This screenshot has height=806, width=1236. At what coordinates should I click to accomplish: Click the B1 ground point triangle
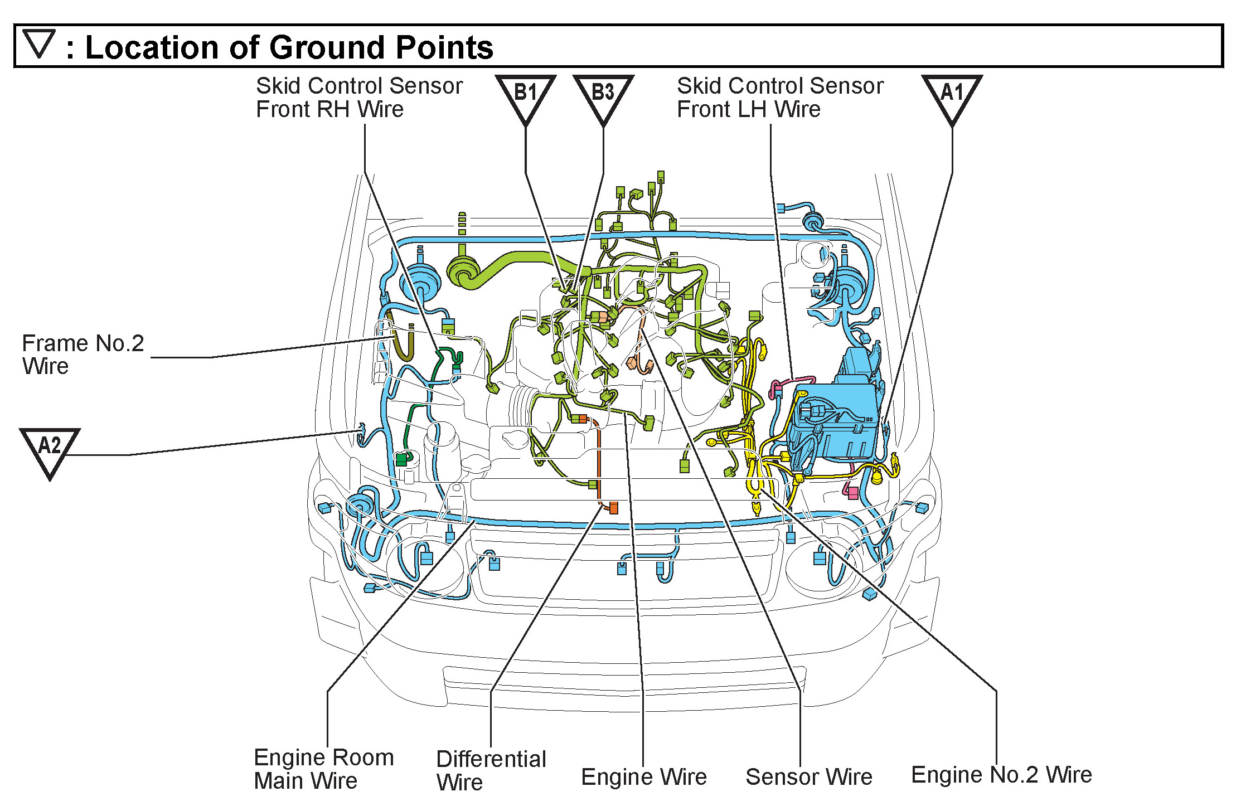pyautogui.click(x=525, y=96)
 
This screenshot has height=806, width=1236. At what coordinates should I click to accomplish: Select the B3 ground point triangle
pyautogui.click(x=603, y=96)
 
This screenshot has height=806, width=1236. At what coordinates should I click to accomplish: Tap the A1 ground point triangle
pyautogui.click(x=952, y=96)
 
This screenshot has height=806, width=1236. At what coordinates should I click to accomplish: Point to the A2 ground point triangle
pyautogui.click(x=50, y=449)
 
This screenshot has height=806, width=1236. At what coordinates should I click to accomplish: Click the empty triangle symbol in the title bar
pyautogui.click(x=39, y=44)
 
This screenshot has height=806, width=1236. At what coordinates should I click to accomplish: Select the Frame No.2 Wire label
pyautogui.click(x=83, y=355)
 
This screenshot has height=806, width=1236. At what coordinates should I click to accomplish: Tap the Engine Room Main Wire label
pyautogui.click(x=323, y=769)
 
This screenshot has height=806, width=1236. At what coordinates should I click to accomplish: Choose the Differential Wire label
pyautogui.click(x=491, y=770)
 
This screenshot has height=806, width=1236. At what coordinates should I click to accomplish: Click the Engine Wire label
pyautogui.click(x=643, y=776)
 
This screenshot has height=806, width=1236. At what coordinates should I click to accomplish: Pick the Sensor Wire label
pyautogui.click(x=808, y=776)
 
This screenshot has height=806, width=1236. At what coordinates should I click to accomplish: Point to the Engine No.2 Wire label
pyautogui.click(x=1001, y=774)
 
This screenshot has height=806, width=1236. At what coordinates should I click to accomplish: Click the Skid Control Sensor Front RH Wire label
pyautogui.click(x=359, y=98)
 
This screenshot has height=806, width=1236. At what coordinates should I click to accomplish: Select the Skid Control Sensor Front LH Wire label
pyautogui.click(x=779, y=98)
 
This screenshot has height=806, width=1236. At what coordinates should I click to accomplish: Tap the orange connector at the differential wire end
pyautogui.click(x=614, y=508)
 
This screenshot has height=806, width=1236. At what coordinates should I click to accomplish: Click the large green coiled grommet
pyautogui.click(x=463, y=273)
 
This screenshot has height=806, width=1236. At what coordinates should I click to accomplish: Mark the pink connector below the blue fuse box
pyautogui.click(x=852, y=493)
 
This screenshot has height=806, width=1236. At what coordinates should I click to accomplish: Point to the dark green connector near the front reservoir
pyautogui.click(x=401, y=460)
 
